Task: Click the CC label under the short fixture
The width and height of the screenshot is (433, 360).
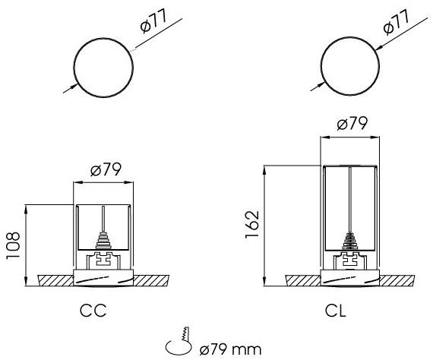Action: pyautogui.click(x=93, y=311)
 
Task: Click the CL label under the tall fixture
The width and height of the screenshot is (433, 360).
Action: pyautogui.click(x=335, y=311)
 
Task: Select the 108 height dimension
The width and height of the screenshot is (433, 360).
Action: pyautogui.click(x=13, y=245)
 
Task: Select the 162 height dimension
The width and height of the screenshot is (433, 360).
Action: pyautogui.click(x=252, y=224)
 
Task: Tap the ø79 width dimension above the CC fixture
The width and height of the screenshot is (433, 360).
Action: pyautogui.click(x=106, y=169)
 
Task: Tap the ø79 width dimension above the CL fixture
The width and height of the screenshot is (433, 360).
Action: pyautogui.click(x=352, y=123)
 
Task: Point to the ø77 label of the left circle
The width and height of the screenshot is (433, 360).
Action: pyautogui.click(x=153, y=21)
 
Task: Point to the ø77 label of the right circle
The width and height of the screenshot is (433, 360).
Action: pyautogui.click(x=396, y=22)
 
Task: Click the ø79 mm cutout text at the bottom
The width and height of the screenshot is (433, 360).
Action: pyautogui.click(x=231, y=350)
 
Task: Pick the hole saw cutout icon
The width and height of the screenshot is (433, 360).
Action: pyautogui.click(x=179, y=341)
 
